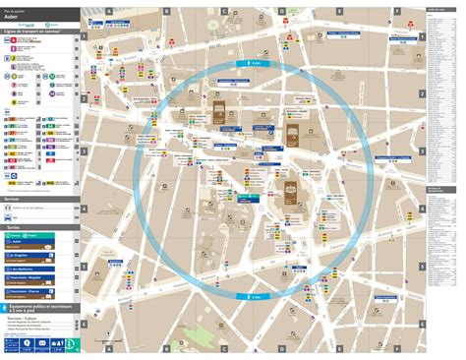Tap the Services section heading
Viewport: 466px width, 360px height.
[14, 199]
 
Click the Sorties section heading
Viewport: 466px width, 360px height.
[13, 226]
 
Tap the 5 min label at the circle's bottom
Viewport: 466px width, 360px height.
[255, 295]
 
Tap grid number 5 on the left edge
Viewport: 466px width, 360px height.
[85, 266]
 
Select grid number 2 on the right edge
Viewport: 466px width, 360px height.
[422, 94]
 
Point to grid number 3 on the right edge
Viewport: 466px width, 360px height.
[422, 151]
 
